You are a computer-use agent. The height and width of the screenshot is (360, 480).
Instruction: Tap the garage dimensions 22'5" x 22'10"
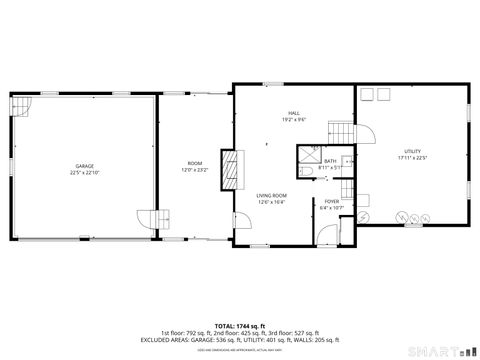pos(85,172)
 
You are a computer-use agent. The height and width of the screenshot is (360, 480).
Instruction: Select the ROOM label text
pos(195,163)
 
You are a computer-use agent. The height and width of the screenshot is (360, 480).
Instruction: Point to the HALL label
pos(294,113)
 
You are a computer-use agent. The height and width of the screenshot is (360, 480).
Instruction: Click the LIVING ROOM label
pos(271,195)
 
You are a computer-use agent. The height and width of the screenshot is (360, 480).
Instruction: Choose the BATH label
pos(330,160)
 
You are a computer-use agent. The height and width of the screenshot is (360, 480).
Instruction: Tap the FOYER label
pos(331,201)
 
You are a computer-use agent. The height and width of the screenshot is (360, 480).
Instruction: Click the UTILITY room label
pos(412,150)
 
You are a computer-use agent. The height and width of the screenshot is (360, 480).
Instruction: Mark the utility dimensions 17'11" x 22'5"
pos(412,157)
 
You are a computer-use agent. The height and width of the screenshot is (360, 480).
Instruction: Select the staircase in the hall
pos(344,132)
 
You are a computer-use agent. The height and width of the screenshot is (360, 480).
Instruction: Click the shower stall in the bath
pos(307,158)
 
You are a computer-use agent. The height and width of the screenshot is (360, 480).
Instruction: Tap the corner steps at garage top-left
pos(21,105)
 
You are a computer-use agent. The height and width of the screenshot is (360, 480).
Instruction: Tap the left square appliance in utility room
pos(367,94)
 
